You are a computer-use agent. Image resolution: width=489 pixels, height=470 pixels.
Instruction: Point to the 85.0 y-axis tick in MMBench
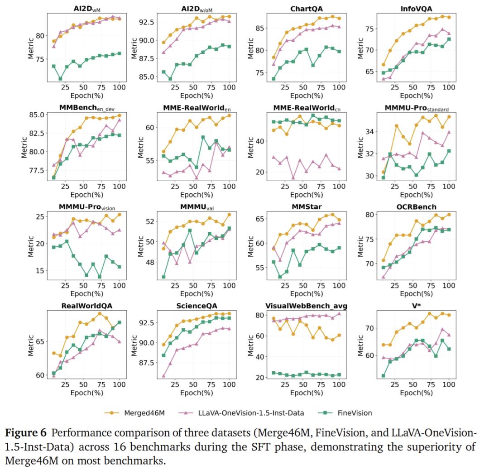coord(38,114)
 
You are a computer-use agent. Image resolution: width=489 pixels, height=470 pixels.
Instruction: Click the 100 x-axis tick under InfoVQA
coord(449,87)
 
